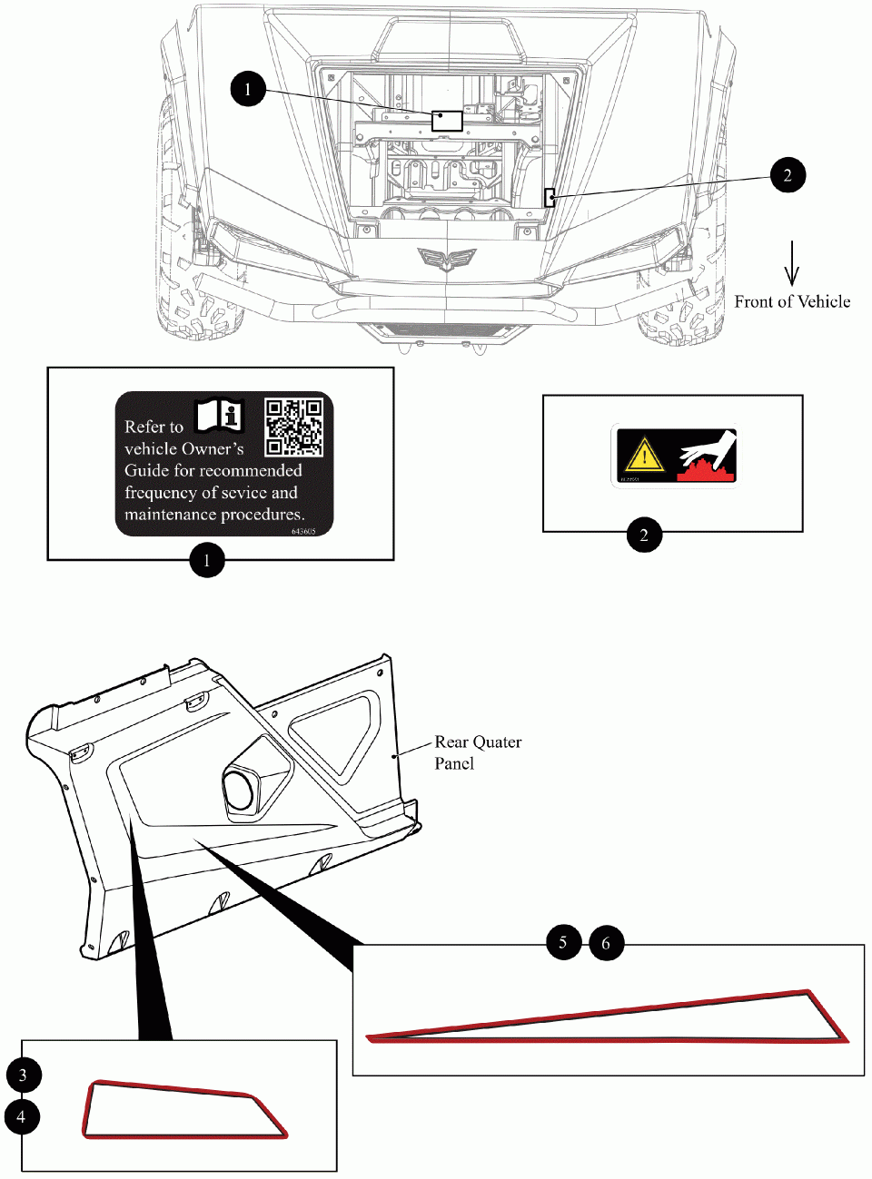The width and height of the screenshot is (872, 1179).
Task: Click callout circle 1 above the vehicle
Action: tap(247, 89)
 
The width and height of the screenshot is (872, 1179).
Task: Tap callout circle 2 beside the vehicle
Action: tap(787, 175)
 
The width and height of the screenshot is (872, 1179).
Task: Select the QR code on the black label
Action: tap(293, 427)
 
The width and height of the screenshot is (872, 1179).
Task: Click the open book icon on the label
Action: tap(219, 415)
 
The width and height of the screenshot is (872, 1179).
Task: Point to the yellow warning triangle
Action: tap(644, 454)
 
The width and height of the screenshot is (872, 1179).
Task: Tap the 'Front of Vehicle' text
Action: tap(792, 302)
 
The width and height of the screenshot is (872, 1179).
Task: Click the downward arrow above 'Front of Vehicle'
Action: tap(792, 263)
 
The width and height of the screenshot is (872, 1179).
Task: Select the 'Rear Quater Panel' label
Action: tap(477, 752)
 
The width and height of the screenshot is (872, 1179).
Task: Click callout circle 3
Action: tap(23, 1075)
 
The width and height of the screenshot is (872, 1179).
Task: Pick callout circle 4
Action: tap(22, 1116)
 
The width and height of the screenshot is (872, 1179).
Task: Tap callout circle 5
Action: tap(563, 942)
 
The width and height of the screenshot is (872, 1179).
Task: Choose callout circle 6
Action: tap(606, 944)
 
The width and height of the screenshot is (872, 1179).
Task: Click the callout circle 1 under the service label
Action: tap(207, 560)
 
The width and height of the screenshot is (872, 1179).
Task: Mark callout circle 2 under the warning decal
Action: tap(644, 535)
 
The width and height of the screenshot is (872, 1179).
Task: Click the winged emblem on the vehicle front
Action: tap(445, 259)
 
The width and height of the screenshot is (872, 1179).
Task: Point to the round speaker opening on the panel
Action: tap(240, 788)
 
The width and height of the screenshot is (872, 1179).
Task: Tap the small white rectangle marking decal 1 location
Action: tap(447, 120)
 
